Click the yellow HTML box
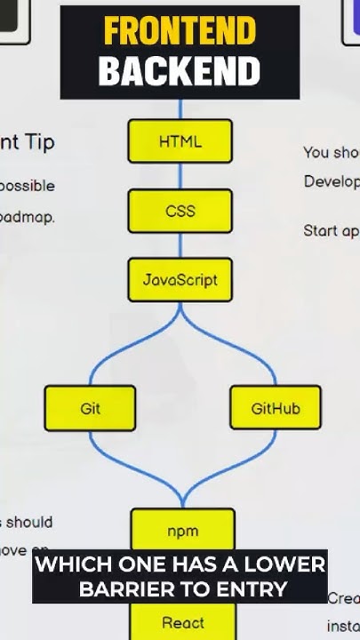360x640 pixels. point(180,141)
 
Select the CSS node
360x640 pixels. point(180,212)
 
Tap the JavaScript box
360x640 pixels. point(180,280)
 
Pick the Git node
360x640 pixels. point(90,408)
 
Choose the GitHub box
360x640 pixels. point(275,408)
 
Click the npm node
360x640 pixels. point(182,531)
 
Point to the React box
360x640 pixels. point(182,622)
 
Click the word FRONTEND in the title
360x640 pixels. point(180,31)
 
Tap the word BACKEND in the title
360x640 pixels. point(180,71)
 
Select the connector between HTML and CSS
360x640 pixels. point(180,176)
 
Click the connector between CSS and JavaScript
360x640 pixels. point(180,245)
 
